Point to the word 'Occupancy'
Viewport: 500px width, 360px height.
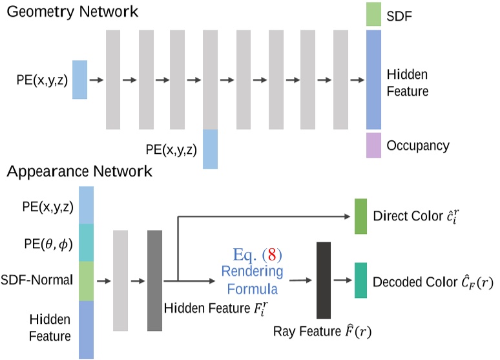pos(417,145)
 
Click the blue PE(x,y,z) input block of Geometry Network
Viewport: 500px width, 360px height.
pos(79,79)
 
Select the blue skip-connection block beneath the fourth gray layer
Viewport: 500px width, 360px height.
pos(211,149)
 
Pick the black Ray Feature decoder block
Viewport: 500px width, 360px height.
pos(324,281)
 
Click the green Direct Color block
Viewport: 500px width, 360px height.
pos(360,216)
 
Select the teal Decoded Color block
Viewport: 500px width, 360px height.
pos(360,281)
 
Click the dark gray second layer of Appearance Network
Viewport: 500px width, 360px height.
pos(155,281)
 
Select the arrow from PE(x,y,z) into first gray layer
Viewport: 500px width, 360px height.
pos(96,79)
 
